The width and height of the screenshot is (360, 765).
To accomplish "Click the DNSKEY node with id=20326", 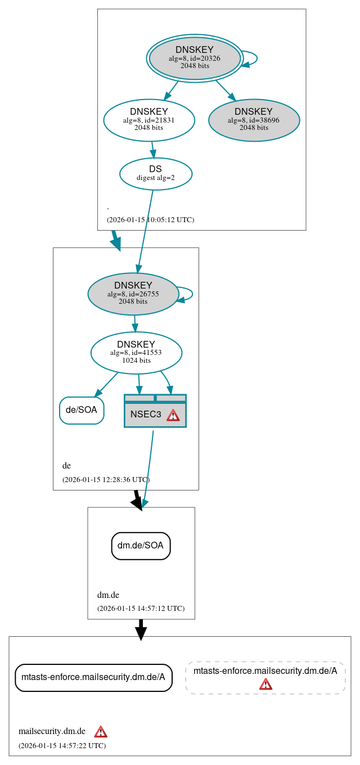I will coord(194,58).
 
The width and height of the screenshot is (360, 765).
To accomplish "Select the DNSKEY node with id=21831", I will coord(149,120).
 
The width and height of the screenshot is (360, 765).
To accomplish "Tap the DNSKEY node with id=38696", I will coord(254,120).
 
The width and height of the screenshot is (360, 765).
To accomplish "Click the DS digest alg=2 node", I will coord(156,173).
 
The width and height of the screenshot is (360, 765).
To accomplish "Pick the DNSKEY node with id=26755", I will coord(133,294).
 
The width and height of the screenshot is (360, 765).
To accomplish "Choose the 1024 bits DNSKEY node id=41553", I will coord(136,353).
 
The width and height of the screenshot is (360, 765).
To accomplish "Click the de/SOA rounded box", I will coord(82,410).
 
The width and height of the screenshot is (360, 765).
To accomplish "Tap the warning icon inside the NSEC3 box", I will coord(173,415).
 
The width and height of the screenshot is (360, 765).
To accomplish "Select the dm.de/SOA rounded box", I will coord(141,546).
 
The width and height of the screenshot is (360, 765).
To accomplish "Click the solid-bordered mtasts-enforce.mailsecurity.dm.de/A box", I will coord(93,677).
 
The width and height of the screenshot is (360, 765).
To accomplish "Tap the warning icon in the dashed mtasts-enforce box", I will coord(265,684).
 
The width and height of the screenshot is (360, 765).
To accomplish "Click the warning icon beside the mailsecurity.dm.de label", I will coord(101,732).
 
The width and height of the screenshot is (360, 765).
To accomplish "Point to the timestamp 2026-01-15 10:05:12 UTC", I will coord(150,220).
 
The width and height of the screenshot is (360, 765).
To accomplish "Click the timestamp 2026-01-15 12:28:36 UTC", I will coord(106,480).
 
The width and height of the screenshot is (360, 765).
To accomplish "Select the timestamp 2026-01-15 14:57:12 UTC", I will coord(141,609).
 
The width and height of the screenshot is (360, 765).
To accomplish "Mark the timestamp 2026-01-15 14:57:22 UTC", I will coord(62,746).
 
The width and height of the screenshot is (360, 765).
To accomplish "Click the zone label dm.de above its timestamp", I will coord(108,595).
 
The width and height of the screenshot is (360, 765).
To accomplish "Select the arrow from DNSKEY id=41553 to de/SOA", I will coord(107,384).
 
